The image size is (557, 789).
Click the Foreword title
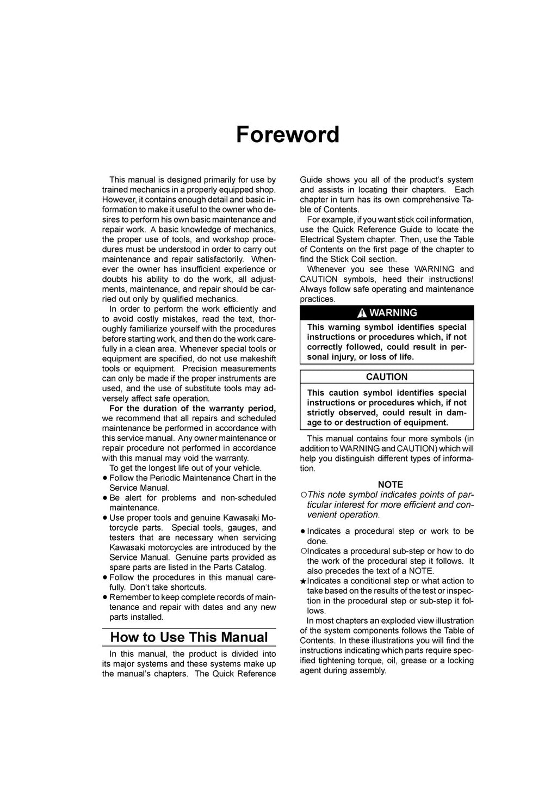[x=288, y=134]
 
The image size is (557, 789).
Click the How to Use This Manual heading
[x=189, y=637]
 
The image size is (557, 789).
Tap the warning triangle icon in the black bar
[x=362, y=313]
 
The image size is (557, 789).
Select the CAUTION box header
[x=387, y=377]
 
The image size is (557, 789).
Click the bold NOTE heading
[x=391, y=484]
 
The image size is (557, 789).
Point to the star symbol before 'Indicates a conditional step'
[x=303, y=582]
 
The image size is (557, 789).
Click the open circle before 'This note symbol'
[x=304, y=495]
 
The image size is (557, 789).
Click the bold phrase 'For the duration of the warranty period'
[x=193, y=409]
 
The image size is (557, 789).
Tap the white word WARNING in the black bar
[x=393, y=313]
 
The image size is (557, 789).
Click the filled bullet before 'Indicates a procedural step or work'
[x=303, y=532]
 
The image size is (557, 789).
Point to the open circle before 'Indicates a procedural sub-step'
[x=304, y=551]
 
